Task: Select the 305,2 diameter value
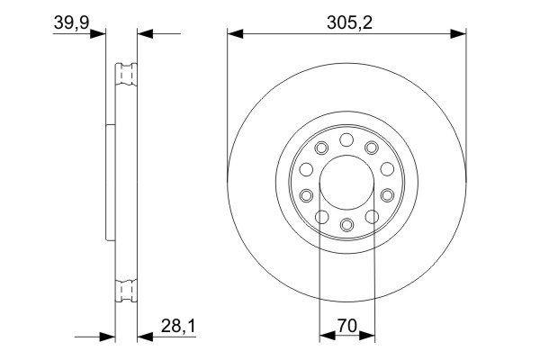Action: pos(346,20)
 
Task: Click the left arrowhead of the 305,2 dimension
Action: pos(233,34)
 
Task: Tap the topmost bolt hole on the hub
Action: pos(346,139)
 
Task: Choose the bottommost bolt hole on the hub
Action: pos(346,222)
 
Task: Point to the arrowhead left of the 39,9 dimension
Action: pos(100,34)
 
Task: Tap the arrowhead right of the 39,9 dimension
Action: pos(142,34)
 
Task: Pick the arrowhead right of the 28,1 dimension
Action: pos(142,337)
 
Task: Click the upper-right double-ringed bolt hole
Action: pos(371,148)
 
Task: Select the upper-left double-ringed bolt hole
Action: pos(322,148)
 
